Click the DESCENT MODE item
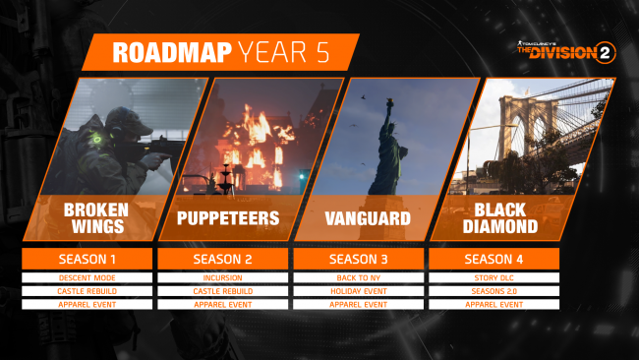tap(87, 277)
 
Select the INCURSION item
tap(222, 277)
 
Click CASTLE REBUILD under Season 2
tap(222, 291)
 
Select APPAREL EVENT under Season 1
tap(87, 305)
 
